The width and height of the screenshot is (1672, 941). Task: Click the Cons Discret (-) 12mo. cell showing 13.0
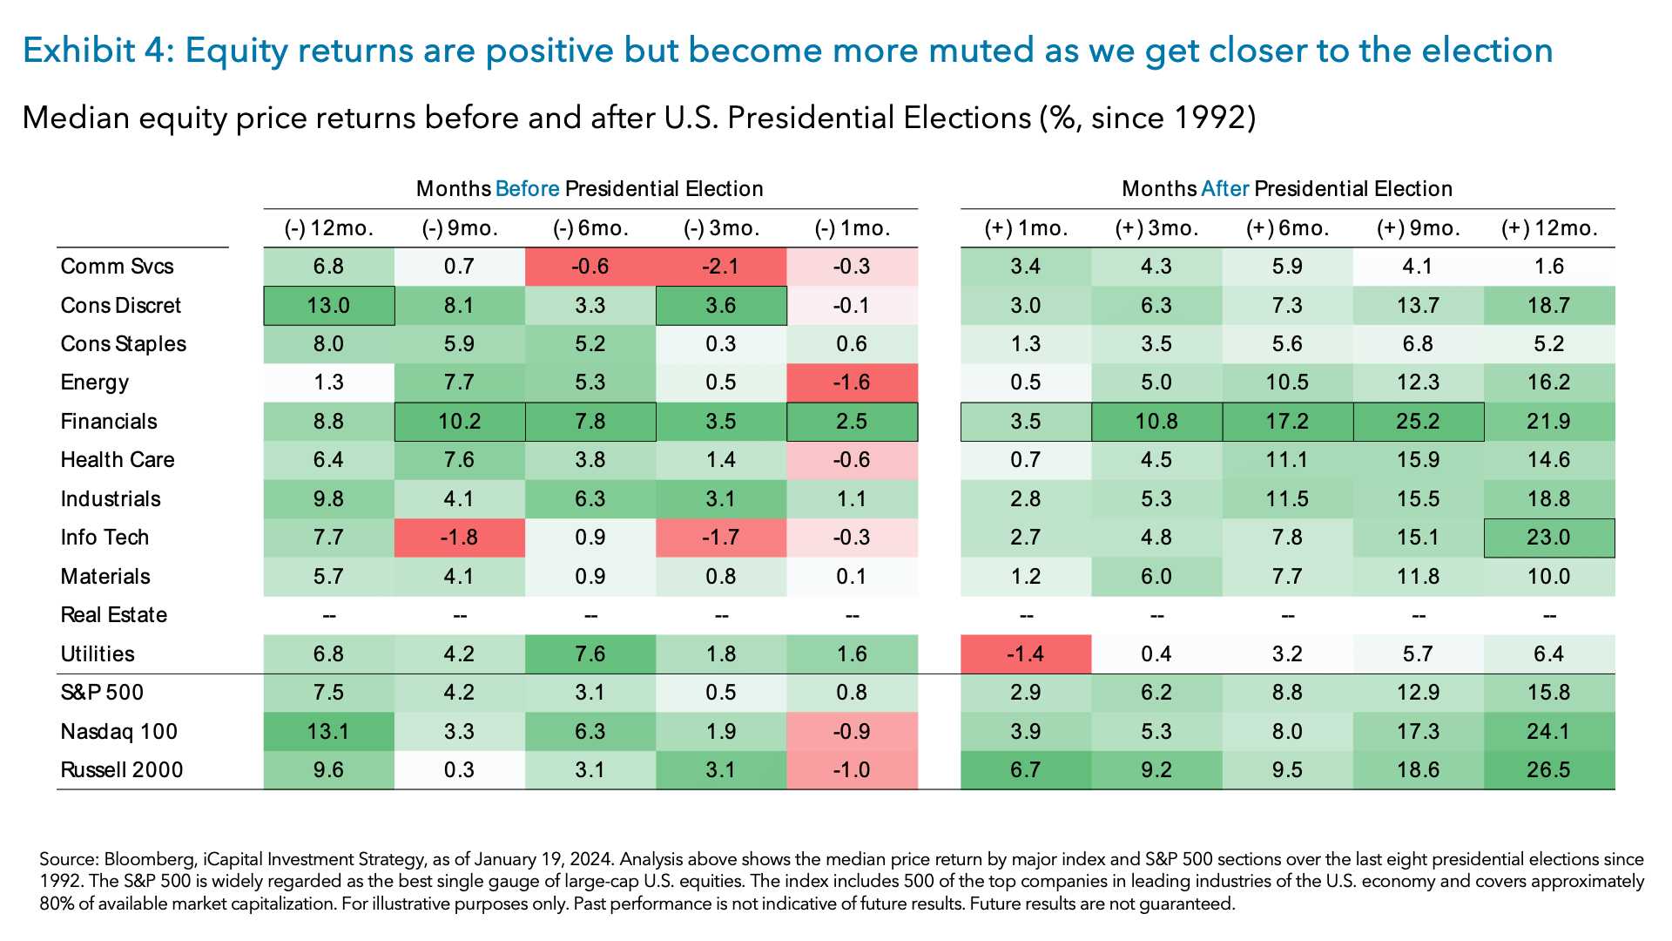click(328, 306)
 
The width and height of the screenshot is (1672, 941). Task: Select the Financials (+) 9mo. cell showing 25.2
click(1418, 422)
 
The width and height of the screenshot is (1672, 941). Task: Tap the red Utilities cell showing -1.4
click(1025, 654)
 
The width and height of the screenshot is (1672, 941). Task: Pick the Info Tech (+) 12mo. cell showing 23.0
click(1548, 538)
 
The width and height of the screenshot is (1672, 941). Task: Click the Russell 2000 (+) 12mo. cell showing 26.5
click(1548, 770)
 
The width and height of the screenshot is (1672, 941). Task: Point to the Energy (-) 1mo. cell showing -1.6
click(851, 382)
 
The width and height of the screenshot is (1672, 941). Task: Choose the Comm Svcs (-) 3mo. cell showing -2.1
click(720, 267)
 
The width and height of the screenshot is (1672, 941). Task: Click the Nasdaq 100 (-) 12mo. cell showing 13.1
click(328, 732)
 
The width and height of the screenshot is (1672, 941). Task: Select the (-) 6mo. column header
click(590, 228)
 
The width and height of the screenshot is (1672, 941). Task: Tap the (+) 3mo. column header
click(1156, 228)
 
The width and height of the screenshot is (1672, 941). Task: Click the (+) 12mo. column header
click(1549, 228)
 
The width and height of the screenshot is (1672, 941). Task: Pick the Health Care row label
click(118, 460)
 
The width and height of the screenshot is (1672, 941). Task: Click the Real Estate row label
click(113, 615)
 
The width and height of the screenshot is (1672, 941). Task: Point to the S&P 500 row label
click(102, 693)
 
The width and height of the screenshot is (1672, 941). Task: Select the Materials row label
click(105, 577)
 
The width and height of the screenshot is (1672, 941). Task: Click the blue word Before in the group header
click(527, 189)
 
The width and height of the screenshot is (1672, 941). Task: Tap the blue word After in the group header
click(1224, 189)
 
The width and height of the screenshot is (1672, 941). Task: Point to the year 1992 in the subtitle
click(1209, 118)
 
